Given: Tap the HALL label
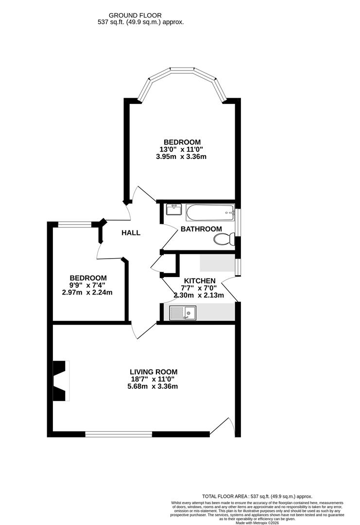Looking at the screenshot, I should (131, 233).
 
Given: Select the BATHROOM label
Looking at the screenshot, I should (201, 229).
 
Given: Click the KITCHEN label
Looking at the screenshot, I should (199, 280).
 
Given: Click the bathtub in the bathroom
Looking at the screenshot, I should (210, 212).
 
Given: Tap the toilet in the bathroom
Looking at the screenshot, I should (225, 239).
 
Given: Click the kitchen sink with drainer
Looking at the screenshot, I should (182, 313).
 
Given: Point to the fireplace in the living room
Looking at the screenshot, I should (60, 381).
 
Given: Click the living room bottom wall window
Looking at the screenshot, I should (118, 434).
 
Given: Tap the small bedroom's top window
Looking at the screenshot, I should (74, 224).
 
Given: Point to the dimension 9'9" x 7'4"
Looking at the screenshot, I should (87, 285).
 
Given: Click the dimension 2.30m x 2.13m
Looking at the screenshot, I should (198, 295).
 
